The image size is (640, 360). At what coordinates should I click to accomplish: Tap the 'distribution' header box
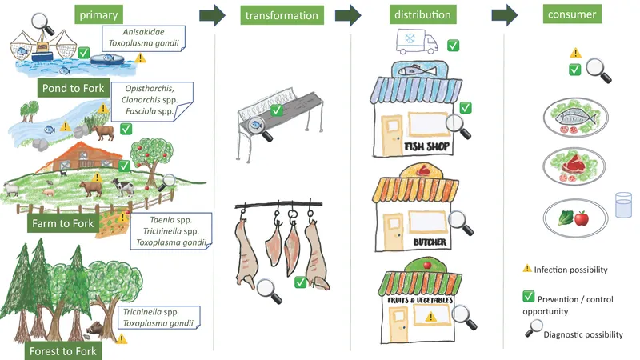422,14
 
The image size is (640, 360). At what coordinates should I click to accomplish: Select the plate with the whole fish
569,118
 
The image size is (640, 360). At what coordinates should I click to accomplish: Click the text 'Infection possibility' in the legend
574,270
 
